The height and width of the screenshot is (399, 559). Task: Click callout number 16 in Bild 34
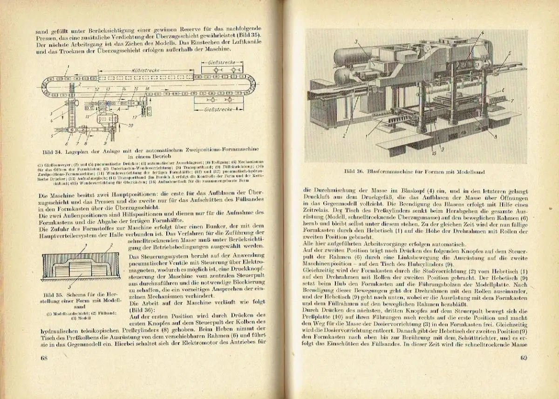click(148, 88)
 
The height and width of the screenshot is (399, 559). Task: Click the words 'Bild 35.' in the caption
click(51, 294)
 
